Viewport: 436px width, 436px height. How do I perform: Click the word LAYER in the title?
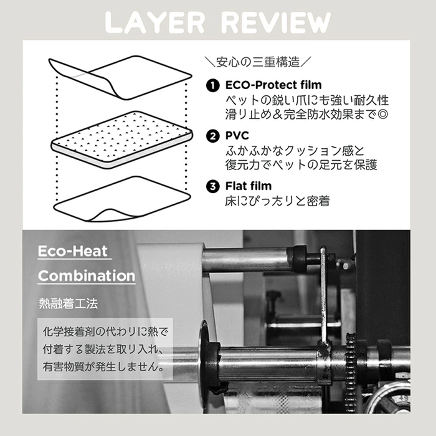tap(156, 23)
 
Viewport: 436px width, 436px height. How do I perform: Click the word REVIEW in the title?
tap(276, 23)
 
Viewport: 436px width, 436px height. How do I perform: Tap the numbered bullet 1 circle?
tap(213, 85)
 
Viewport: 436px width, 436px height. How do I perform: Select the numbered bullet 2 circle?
tap(213, 136)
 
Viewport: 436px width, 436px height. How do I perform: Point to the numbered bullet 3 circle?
tap(213, 186)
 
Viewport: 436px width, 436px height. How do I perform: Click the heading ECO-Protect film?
tap(273, 85)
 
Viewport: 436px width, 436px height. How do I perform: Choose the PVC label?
tap(237, 136)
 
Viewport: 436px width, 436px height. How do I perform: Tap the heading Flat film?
tap(249, 186)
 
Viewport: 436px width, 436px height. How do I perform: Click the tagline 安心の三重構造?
tap(258, 62)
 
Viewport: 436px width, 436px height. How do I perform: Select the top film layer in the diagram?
tap(120, 77)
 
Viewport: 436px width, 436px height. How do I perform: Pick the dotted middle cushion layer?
tap(122, 140)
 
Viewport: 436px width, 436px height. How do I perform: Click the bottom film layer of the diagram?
tap(122, 199)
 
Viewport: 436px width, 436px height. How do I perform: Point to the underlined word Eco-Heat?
tap(73, 251)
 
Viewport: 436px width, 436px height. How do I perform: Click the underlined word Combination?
tap(87, 276)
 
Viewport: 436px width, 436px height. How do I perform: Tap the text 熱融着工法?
tap(69, 303)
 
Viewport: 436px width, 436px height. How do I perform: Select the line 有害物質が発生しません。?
tap(103, 367)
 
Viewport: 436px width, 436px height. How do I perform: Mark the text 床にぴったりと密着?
tap(277, 201)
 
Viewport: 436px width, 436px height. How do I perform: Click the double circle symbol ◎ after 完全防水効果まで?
tap(382, 114)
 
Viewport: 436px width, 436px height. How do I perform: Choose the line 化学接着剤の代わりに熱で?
tap(105, 332)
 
